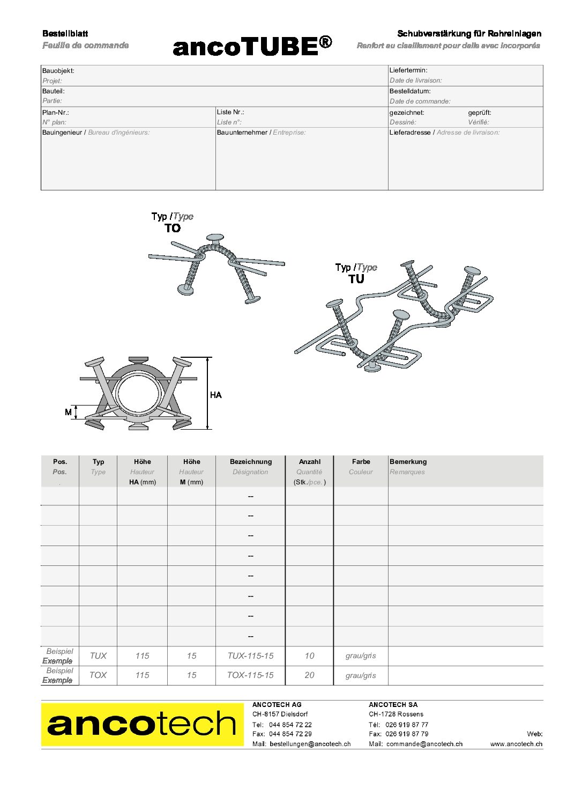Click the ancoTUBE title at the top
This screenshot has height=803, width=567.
(x=252, y=47)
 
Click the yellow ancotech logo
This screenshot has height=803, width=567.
(x=142, y=724)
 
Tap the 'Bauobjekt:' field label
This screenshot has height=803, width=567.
(x=58, y=71)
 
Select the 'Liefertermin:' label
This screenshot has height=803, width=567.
(x=408, y=70)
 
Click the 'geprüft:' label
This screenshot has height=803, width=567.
(x=479, y=113)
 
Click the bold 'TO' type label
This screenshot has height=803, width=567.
(x=173, y=229)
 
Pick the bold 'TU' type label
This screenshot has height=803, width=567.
(x=356, y=279)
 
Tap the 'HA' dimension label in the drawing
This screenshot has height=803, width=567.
(x=215, y=395)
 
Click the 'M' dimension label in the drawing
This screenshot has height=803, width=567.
(x=68, y=412)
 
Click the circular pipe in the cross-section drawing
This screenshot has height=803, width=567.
(x=138, y=393)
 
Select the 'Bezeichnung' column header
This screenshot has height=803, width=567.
(x=250, y=462)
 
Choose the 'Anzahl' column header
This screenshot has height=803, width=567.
(x=309, y=462)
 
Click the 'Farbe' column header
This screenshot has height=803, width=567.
(x=361, y=462)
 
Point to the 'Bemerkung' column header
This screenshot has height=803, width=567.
(x=408, y=462)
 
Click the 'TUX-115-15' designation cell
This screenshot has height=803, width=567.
(x=250, y=656)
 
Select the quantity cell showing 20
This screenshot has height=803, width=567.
(x=309, y=675)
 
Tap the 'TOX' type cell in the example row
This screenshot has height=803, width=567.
(x=98, y=675)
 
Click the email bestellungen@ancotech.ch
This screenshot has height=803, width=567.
(x=310, y=744)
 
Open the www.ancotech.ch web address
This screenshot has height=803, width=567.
(x=516, y=744)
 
